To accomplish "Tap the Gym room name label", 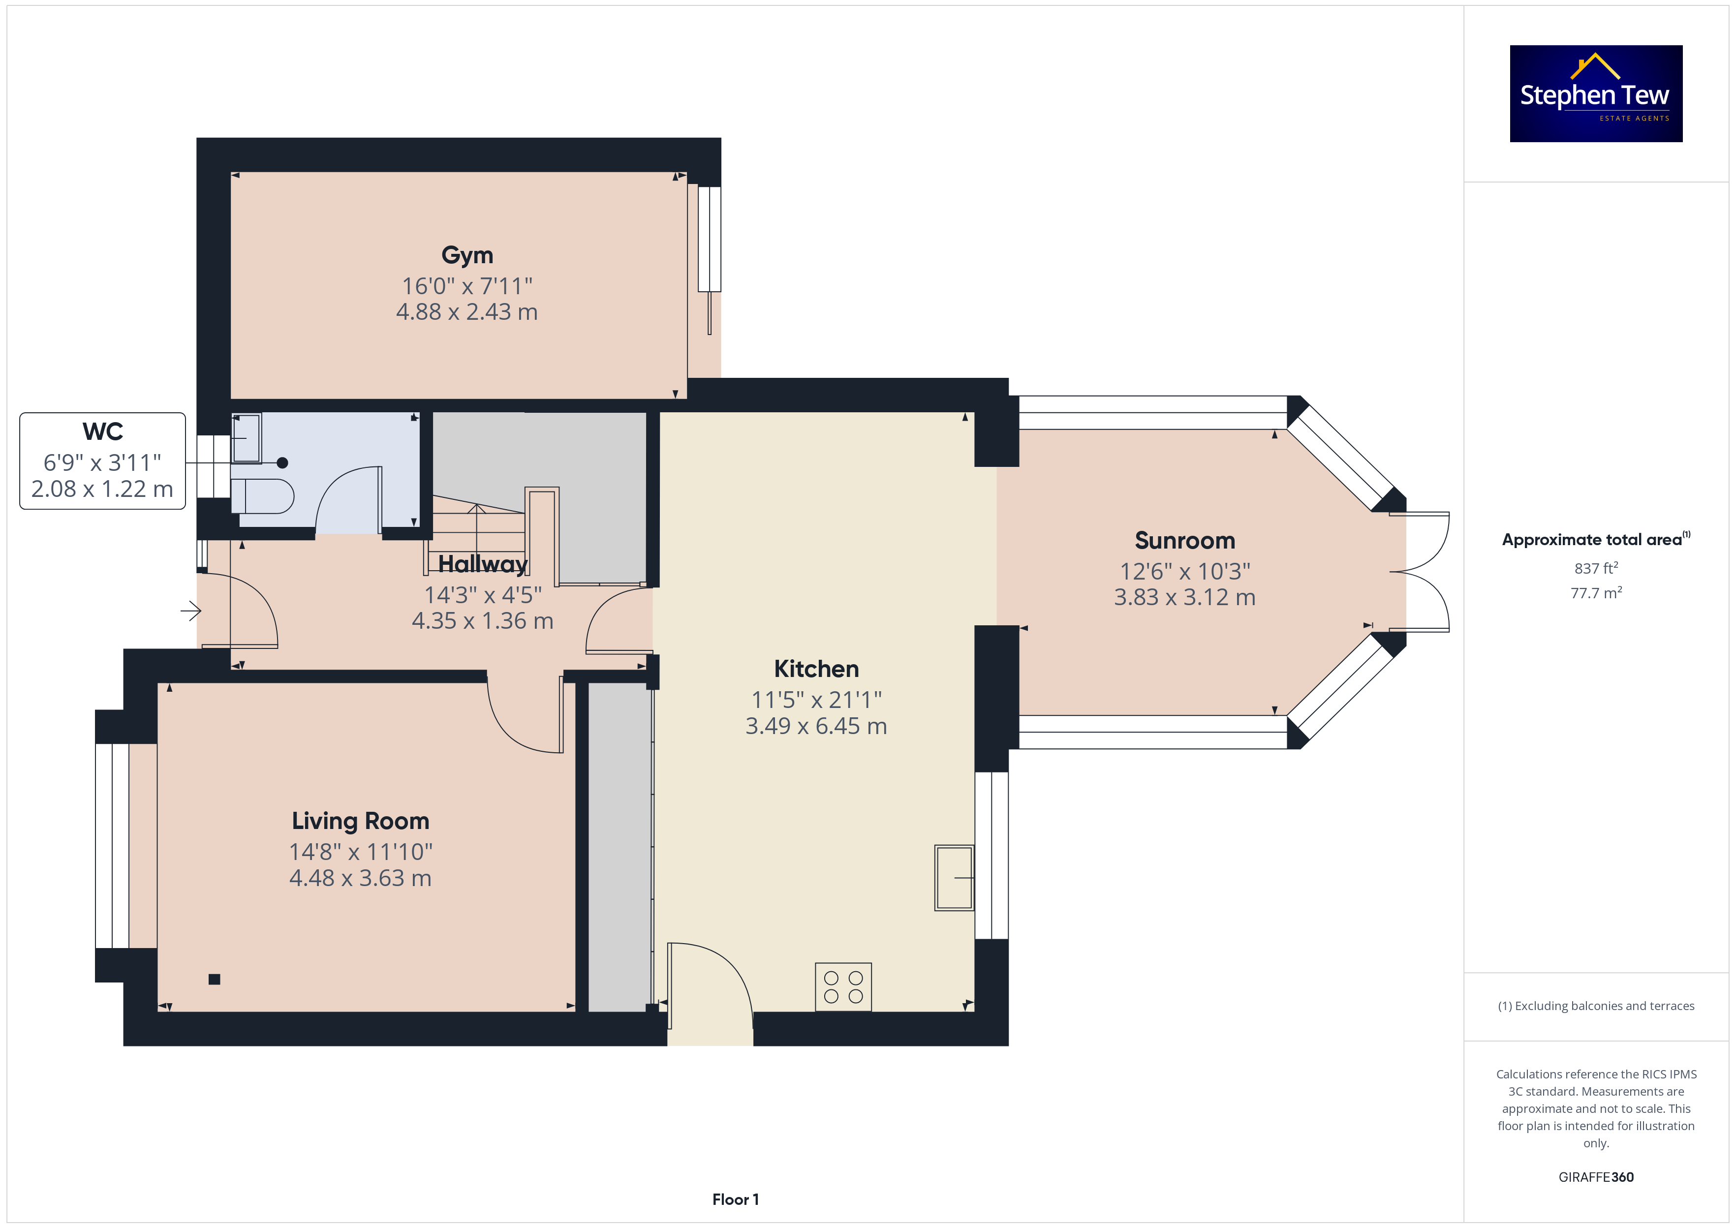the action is (x=467, y=255).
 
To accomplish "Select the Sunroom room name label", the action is (x=1185, y=541).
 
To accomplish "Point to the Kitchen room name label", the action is (x=817, y=669).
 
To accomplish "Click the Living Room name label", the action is (x=361, y=821).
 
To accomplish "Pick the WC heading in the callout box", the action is (x=103, y=432).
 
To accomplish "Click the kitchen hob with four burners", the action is (x=843, y=987).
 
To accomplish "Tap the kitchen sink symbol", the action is (x=954, y=877).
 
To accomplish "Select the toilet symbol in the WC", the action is (x=262, y=496).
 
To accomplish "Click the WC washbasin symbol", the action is (x=247, y=438).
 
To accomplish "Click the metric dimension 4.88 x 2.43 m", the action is (x=467, y=311).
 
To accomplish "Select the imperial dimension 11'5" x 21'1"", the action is (x=817, y=700).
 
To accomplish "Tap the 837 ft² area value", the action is (x=1596, y=568).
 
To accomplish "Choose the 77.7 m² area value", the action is (x=1596, y=593).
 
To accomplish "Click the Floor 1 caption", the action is (x=736, y=1199).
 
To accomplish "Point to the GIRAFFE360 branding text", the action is (x=1596, y=1176).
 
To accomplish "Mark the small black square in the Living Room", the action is (x=215, y=979).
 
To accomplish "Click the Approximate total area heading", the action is (x=1596, y=539).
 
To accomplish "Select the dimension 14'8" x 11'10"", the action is (x=361, y=852).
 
